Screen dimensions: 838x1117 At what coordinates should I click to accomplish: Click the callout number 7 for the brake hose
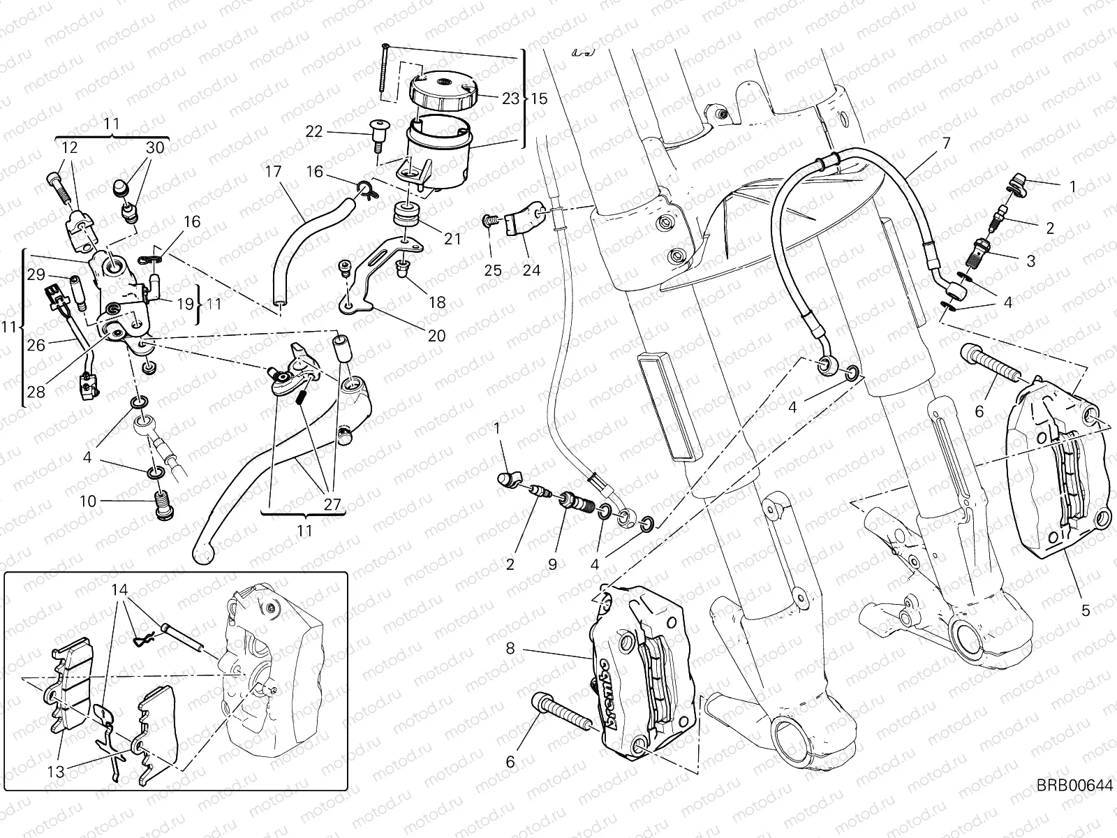pos(946,144)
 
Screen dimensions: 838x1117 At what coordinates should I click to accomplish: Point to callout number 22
pos(314,131)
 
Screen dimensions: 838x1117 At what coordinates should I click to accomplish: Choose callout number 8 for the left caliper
pos(510,649)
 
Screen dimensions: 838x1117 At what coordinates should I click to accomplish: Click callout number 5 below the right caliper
pos(1085,610)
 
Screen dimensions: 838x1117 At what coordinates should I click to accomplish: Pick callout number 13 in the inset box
pos(57,771)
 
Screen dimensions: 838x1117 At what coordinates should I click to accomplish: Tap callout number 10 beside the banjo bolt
pos(87,501)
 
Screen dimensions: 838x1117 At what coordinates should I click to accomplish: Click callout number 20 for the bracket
pos(436,336)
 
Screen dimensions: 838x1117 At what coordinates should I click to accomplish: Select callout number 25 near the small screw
pos(493,270)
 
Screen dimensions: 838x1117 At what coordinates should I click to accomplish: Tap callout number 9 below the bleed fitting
pos(552,564)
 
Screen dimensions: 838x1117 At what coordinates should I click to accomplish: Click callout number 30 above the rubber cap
pos(155,148)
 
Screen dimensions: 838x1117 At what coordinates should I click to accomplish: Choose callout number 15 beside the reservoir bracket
pos(538,98)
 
